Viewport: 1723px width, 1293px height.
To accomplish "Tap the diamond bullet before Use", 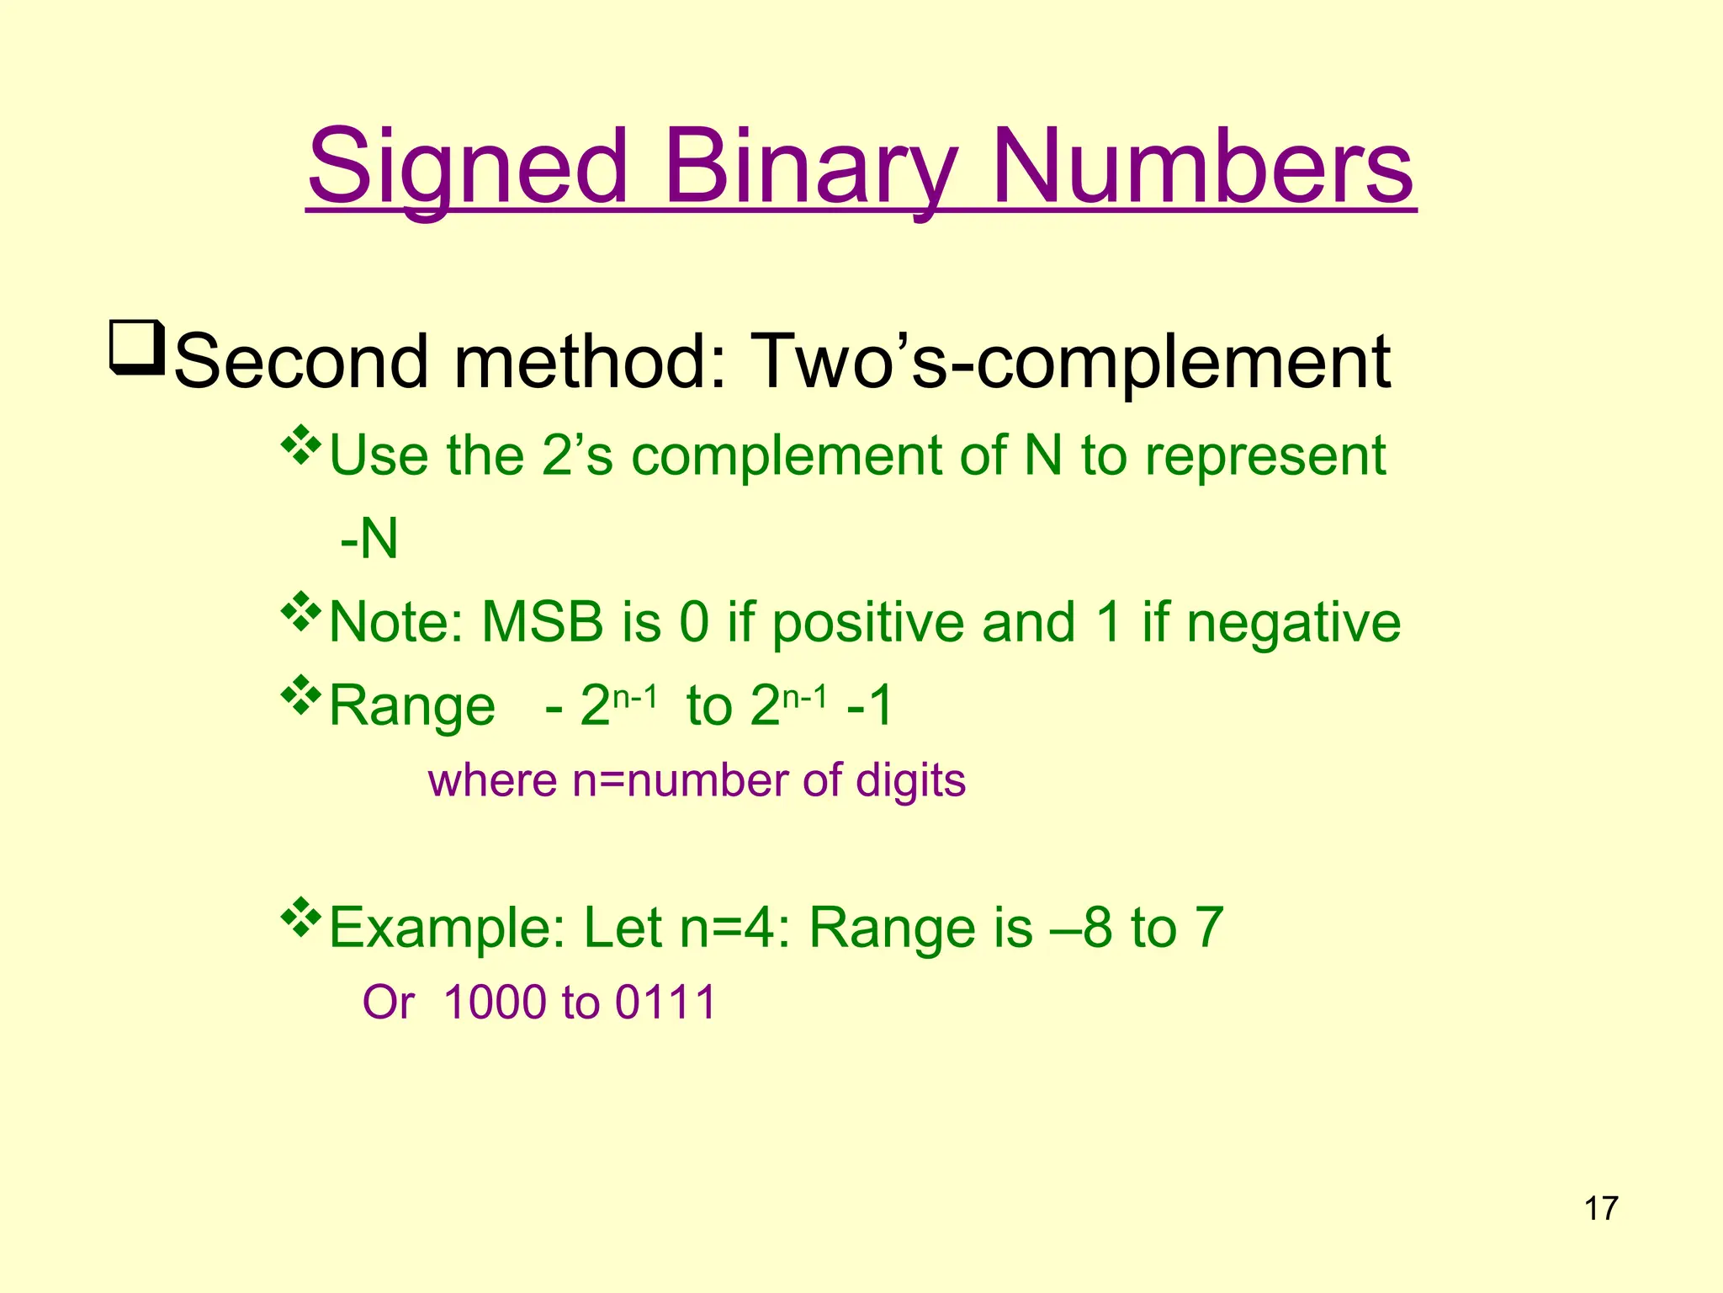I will [300, 447].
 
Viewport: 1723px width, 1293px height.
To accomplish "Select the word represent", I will [1265, 455].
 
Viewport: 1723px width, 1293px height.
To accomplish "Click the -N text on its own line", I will [368, 539].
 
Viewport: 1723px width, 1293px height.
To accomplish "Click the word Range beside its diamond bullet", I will [412, 705].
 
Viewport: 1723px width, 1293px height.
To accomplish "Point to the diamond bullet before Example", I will [300, 919].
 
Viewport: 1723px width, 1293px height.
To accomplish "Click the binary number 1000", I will [496, 1003].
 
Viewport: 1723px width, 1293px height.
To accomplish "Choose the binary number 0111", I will [665, 1003].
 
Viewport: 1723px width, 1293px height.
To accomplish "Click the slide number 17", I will [1601, 1209].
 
